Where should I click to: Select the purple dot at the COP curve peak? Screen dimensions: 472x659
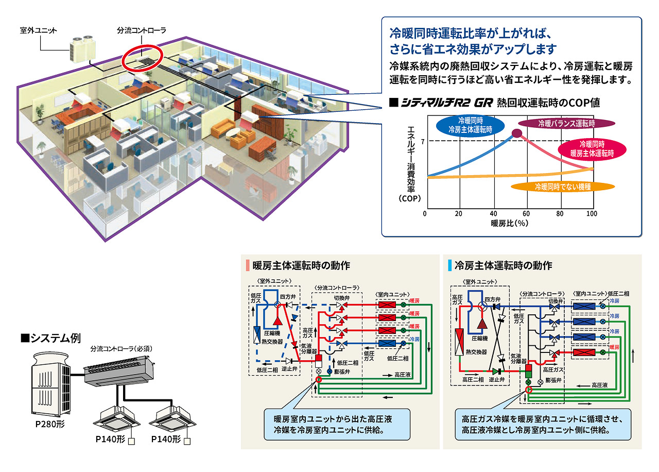pos(517,134)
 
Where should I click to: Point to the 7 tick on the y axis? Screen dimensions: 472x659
pos(422,141)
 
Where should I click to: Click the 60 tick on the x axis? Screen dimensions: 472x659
pos(526,214)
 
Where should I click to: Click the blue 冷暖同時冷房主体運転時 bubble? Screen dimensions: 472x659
pos(470,126)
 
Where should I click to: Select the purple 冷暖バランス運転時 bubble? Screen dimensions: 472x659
pos(566,124)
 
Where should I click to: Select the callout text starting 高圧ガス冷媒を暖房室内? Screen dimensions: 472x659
pos(543,424)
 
